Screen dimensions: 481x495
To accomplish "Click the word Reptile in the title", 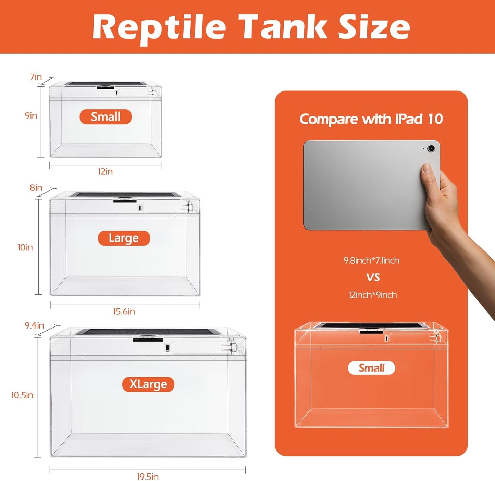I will (x=159, y=27).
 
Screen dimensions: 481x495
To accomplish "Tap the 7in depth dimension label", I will (x=36, y=77).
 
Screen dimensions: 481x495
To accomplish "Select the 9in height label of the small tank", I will (x=31, y=116).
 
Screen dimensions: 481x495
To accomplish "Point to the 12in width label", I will (x=105, y=172).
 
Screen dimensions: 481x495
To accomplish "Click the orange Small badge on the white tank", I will (x=106, y=117).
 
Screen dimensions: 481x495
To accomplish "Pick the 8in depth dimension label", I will (x=36, y=188).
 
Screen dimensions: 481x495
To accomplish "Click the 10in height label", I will (x=25, y=247).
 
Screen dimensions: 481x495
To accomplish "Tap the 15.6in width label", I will (x=124, y=312).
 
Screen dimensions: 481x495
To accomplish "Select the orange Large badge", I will (x=124, y=238).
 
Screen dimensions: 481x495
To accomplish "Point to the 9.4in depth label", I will (x=34, y=325).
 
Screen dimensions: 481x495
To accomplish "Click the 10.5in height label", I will (x=22, y=395).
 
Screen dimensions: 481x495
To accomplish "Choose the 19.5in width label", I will (x=148, y=477).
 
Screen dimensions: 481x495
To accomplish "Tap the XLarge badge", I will (x=148, y=384).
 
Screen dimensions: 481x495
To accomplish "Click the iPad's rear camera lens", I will (x=431, y=148).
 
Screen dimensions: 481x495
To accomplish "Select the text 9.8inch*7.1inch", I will (x=371, y=261).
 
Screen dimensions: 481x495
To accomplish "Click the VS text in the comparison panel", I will (x=373, y=277).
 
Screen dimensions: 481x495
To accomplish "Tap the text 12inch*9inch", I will (x=373, y=295).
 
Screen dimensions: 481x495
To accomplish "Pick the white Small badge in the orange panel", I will (x=371, y=368).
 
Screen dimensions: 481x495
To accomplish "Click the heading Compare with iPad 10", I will (x=371, y=119).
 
